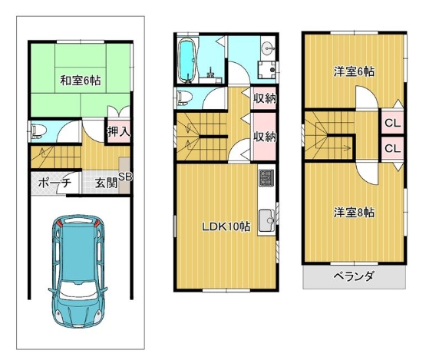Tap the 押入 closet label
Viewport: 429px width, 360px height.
[118, 131]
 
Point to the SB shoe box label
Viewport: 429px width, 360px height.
[124, 176]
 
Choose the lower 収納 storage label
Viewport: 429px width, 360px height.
[265, 137]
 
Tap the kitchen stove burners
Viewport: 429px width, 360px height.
[266, 180]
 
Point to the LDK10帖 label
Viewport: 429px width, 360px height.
[226, 226]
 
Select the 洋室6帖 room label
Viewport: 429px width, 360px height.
[354, 72]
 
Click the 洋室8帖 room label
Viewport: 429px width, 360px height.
[354, 211]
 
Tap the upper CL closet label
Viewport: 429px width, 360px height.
[391, 123]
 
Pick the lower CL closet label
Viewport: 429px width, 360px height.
[391, 147]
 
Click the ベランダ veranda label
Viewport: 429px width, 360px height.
[353, 276]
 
